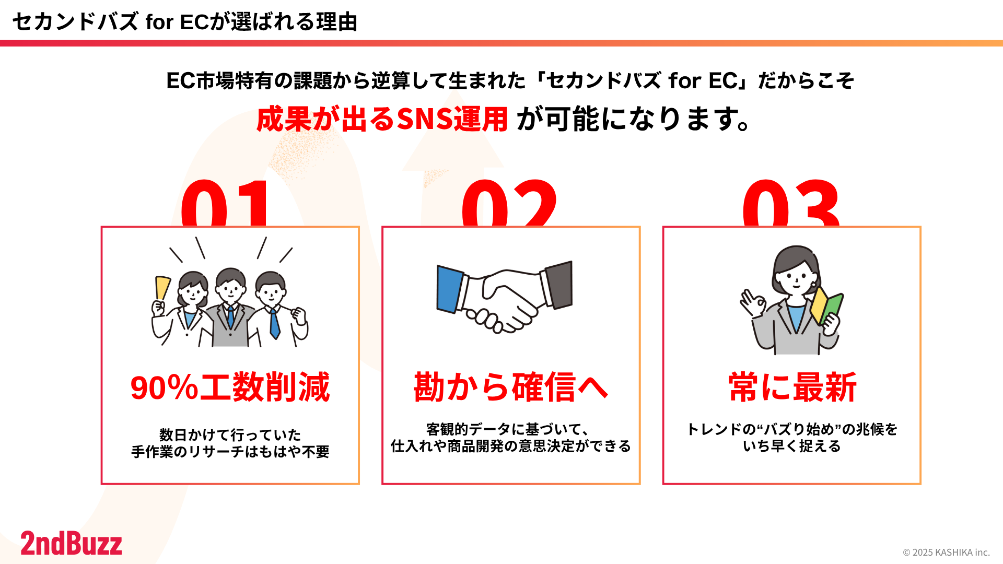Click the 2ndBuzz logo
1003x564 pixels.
pos(72,543)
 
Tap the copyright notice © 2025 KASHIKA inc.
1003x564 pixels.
pos(946,552)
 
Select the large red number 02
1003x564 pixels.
pos(509,204)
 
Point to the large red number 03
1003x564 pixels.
pos(791,204)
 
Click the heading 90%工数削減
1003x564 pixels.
pos(230,387)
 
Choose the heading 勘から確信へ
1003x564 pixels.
pos(511,387)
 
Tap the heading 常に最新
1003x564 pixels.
pos(792,387)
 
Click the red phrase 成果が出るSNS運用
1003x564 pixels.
pos(382,119)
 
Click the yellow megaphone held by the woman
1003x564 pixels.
pos(162,288)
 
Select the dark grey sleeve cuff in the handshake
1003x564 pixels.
pos(558,285)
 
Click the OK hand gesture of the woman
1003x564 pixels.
pos(753,303)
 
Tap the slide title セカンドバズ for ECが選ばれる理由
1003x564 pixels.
pos(185,22)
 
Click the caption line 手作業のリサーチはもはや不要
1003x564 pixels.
pos(230,452)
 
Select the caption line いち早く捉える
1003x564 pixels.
pos(792,446)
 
